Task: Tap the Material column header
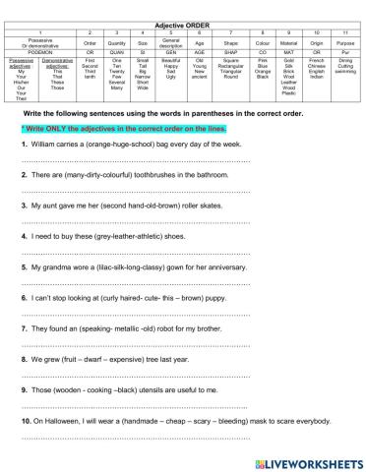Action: [288, 44]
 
